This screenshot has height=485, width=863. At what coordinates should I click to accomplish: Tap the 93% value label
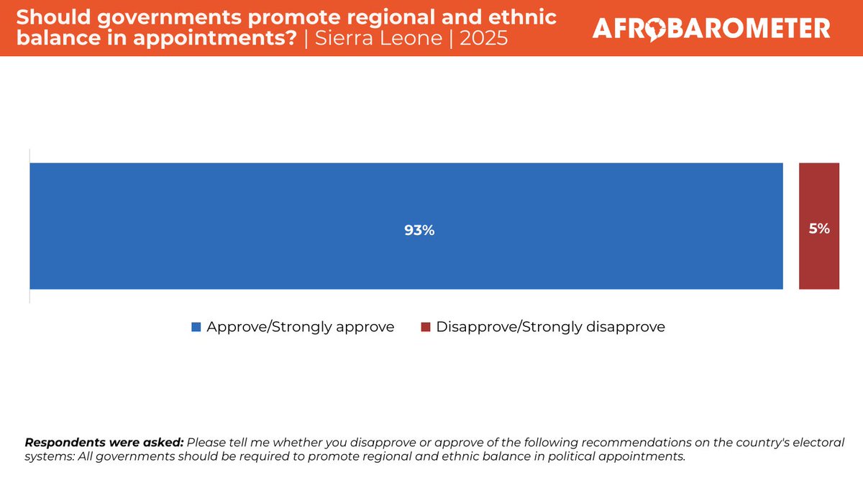[419, 231]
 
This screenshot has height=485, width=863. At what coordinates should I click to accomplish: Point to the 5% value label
[819, 229]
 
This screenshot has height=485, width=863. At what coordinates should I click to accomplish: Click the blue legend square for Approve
[196, 328]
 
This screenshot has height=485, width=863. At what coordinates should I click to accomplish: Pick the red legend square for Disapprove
[425, 328]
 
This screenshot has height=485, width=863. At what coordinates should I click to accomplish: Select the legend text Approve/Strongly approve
[300, 327]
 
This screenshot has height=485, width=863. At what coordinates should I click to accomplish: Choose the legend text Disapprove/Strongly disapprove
[550, 327]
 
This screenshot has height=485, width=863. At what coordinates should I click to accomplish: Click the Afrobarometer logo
[711, 29]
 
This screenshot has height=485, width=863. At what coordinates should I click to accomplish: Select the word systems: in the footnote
[48, 457]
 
